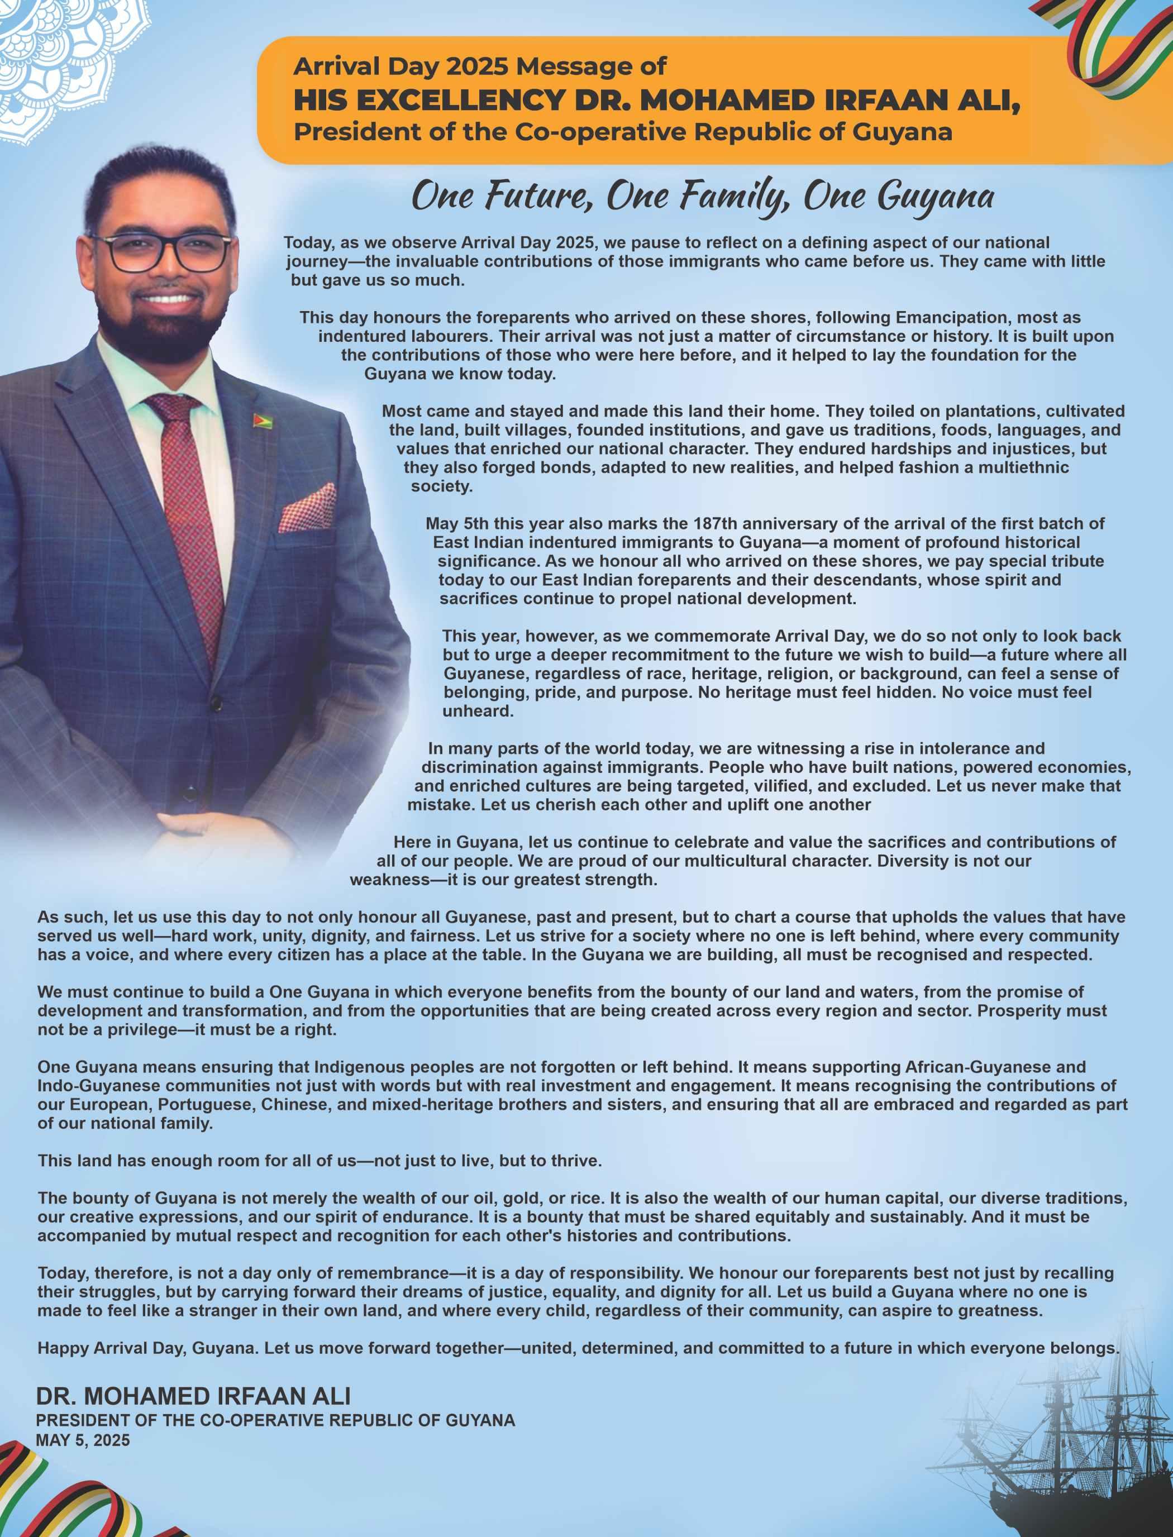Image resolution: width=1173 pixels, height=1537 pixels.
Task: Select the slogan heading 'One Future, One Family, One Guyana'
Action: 703,196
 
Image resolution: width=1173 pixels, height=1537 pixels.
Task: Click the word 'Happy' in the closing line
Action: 59,1348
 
